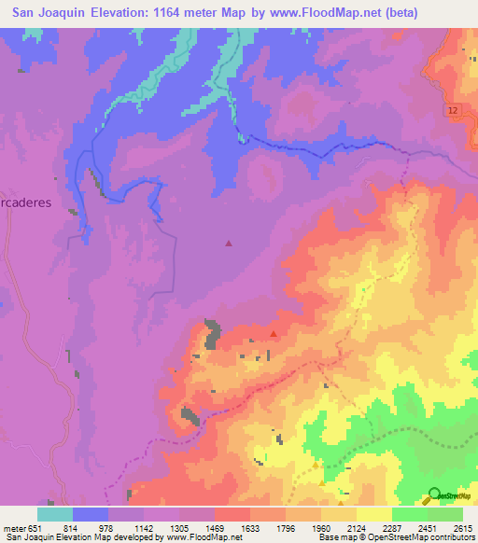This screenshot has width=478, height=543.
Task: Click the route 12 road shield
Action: pos(453,111)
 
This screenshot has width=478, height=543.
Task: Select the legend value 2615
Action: pos(463,527)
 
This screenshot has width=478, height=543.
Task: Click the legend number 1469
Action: pos(215,527)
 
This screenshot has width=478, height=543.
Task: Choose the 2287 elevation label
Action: pos(390,527)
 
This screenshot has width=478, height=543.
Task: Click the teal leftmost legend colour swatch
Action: pos(55,514)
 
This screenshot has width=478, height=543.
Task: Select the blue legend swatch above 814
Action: pos(91,514)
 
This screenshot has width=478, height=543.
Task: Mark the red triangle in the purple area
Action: pos(230,244)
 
